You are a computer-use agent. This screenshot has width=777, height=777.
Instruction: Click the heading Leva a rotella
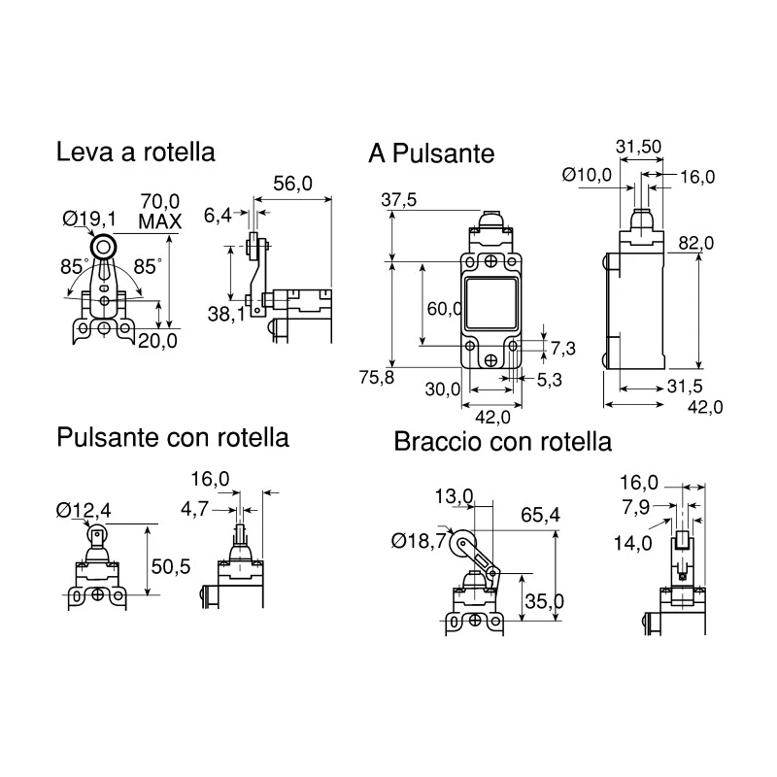[135, 152]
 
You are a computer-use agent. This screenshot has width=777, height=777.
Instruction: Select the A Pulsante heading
[431, 153]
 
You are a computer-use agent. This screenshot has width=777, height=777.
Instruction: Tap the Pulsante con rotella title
[173, 438]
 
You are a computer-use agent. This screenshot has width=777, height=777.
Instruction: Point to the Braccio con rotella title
[502, 442]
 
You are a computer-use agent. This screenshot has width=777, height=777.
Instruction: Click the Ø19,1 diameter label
[89, 219]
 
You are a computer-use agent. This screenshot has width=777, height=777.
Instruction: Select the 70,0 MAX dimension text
[160, 212]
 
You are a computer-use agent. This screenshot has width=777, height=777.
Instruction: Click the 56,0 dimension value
[293, 184]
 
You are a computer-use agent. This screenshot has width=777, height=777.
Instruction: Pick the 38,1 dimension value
[226, 314]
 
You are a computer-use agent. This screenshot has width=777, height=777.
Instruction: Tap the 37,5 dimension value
[399, 200]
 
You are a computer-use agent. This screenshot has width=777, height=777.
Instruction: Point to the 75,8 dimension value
[377, 378]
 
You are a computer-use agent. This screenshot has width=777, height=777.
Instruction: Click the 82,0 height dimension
[696, 243]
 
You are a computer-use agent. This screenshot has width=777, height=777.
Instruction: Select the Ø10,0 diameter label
[588, 175]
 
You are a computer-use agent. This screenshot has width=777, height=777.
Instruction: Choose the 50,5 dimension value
[171, 566]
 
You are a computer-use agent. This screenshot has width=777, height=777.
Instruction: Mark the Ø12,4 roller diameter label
[84, 510]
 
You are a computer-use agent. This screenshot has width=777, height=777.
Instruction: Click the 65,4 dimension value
[540, 516]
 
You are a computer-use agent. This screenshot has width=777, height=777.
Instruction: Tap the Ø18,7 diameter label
[419, 541]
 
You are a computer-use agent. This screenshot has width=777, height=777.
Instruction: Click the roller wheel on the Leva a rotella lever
[104, 247]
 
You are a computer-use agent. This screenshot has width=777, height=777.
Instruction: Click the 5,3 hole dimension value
[550, 380]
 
